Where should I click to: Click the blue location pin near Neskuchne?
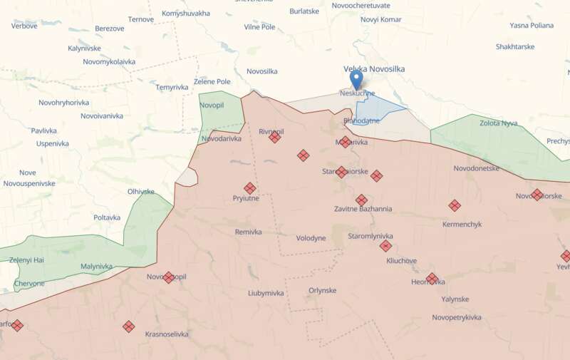pyautogui.click(x=356, y=78)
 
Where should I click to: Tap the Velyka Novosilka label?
pyautogui.click(x=374, y=68)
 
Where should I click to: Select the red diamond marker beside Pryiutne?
pyautogui.click(x=250, y=188)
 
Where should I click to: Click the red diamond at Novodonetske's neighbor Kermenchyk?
pyautogui.click(x=455, y=205)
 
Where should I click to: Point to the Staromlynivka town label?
pyautogui.click(x=370, y=236)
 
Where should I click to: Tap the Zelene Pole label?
pyautogui.click(x=212, y=82)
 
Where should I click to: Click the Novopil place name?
pyautogui.click(x=212, y=106)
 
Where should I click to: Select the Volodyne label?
pyautogui.click(x=311, y=238)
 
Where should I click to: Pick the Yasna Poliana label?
pyautogui.click(x=531, y=25)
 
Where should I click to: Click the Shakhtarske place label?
pyautogui.click(x=515, y=46)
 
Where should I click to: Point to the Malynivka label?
pyautogui.click(x=96, y=266)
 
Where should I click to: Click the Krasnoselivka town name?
pyautogui.click(x=167, y=334)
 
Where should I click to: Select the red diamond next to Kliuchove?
pyautogui.click(x=385, y=246)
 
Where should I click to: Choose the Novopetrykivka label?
pyautogui.click(x=457, y=317)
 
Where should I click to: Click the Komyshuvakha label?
pyautogui.click(x=185, y=14)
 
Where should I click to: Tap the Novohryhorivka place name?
pyautogui.click(x=63, y=103)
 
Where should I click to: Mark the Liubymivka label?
pyautogui.click(x=266, y=293)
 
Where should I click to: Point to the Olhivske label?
pyautogui.click(x=141, y=191)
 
